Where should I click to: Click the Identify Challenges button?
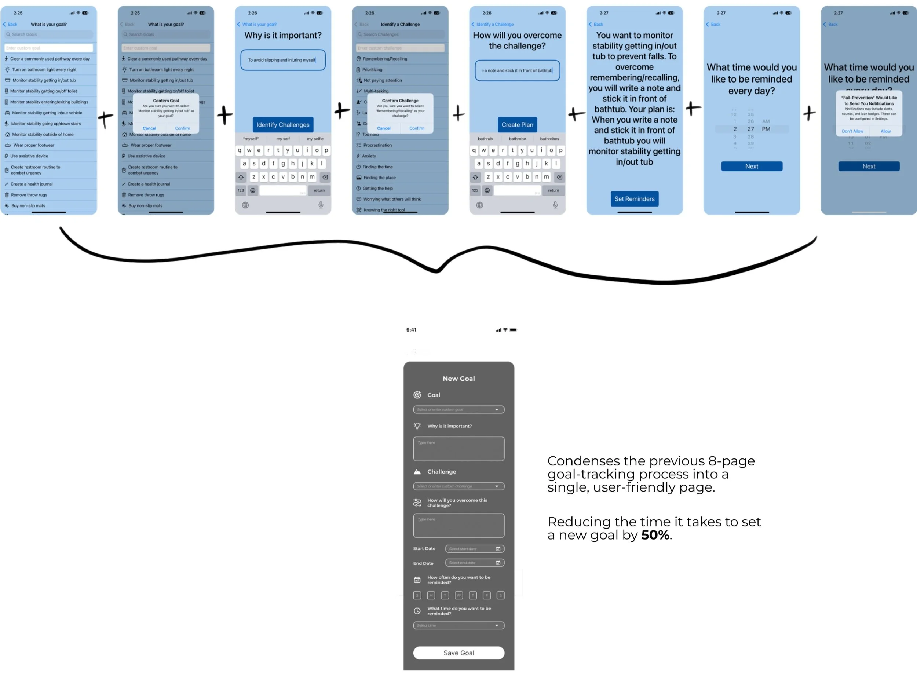(283, 125)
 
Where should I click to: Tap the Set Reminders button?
(634, 199)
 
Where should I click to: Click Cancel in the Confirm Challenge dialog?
(383, 128)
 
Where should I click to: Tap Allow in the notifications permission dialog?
(885, 131)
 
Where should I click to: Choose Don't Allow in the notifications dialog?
(852, 131)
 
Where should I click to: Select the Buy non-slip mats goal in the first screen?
(28, 206)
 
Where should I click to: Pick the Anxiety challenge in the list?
(369, 156)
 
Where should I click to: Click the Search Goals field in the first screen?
(48, 34)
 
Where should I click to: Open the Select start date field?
(474, 549)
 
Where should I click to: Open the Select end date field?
(474, 563)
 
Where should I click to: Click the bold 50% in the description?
(655, 535)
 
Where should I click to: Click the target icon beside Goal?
(417, 395)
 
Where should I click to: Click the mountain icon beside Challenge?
(417, 472)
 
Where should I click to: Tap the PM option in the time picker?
(766, 129)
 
